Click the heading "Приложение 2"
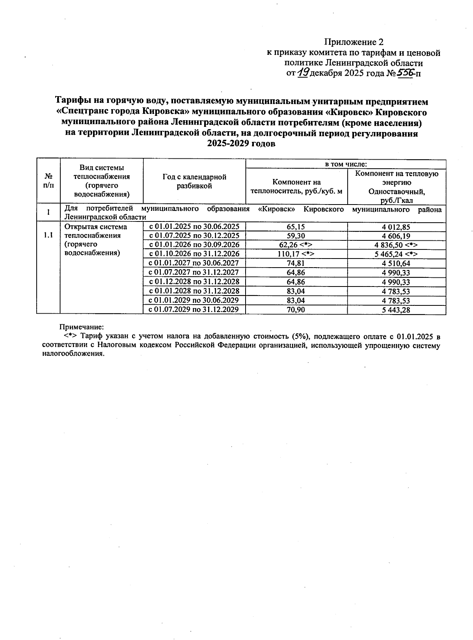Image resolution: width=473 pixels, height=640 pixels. click(354, 42)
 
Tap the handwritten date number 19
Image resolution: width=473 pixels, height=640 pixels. click(303, 73)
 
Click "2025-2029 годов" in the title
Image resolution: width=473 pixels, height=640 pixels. click(241, 144)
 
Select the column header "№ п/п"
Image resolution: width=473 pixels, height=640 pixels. click(48, 180)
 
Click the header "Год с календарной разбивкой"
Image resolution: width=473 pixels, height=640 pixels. click(194, 181)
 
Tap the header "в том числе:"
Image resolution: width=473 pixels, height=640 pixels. click(346, 164)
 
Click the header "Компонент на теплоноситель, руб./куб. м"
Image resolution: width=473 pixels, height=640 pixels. click(296, 186)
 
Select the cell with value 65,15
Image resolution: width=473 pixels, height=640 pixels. click(296, 227)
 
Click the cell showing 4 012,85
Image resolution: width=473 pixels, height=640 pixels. click(396, 227)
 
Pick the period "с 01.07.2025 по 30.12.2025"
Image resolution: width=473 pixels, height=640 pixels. click(194, 236)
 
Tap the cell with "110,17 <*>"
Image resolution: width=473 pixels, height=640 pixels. click(296, 254)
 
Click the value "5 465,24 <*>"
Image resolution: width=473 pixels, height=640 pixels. click(396, 254)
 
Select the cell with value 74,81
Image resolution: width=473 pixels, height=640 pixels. click(296, 263)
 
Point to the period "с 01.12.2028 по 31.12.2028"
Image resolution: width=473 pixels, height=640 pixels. click(194, 282)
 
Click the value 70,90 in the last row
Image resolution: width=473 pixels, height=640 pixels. click(296, 310)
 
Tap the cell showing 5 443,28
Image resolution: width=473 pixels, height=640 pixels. click(396, 310)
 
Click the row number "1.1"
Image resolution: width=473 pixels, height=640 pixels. click(48, 235)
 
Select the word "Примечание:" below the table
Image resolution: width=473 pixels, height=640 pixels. click(82, 327)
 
